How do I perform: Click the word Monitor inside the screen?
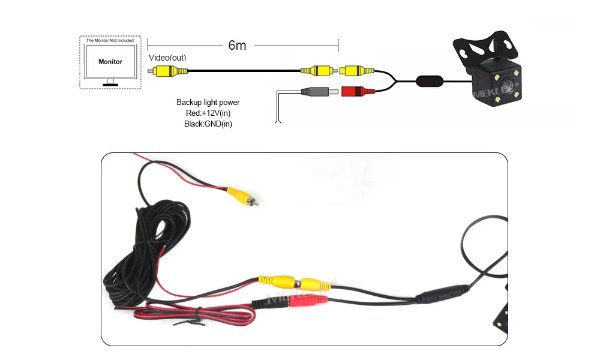coord(110,61)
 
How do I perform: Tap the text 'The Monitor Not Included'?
coord(110,41)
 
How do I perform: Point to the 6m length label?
coord(237,46)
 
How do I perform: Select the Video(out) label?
coord(167,58)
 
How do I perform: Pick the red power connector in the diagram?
coord(357,92)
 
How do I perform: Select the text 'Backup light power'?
coord(208,103)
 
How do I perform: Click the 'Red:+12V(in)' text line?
coord(208,113)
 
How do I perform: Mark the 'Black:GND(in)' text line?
coord(208,124)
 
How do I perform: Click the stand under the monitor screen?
coord(110,83)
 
